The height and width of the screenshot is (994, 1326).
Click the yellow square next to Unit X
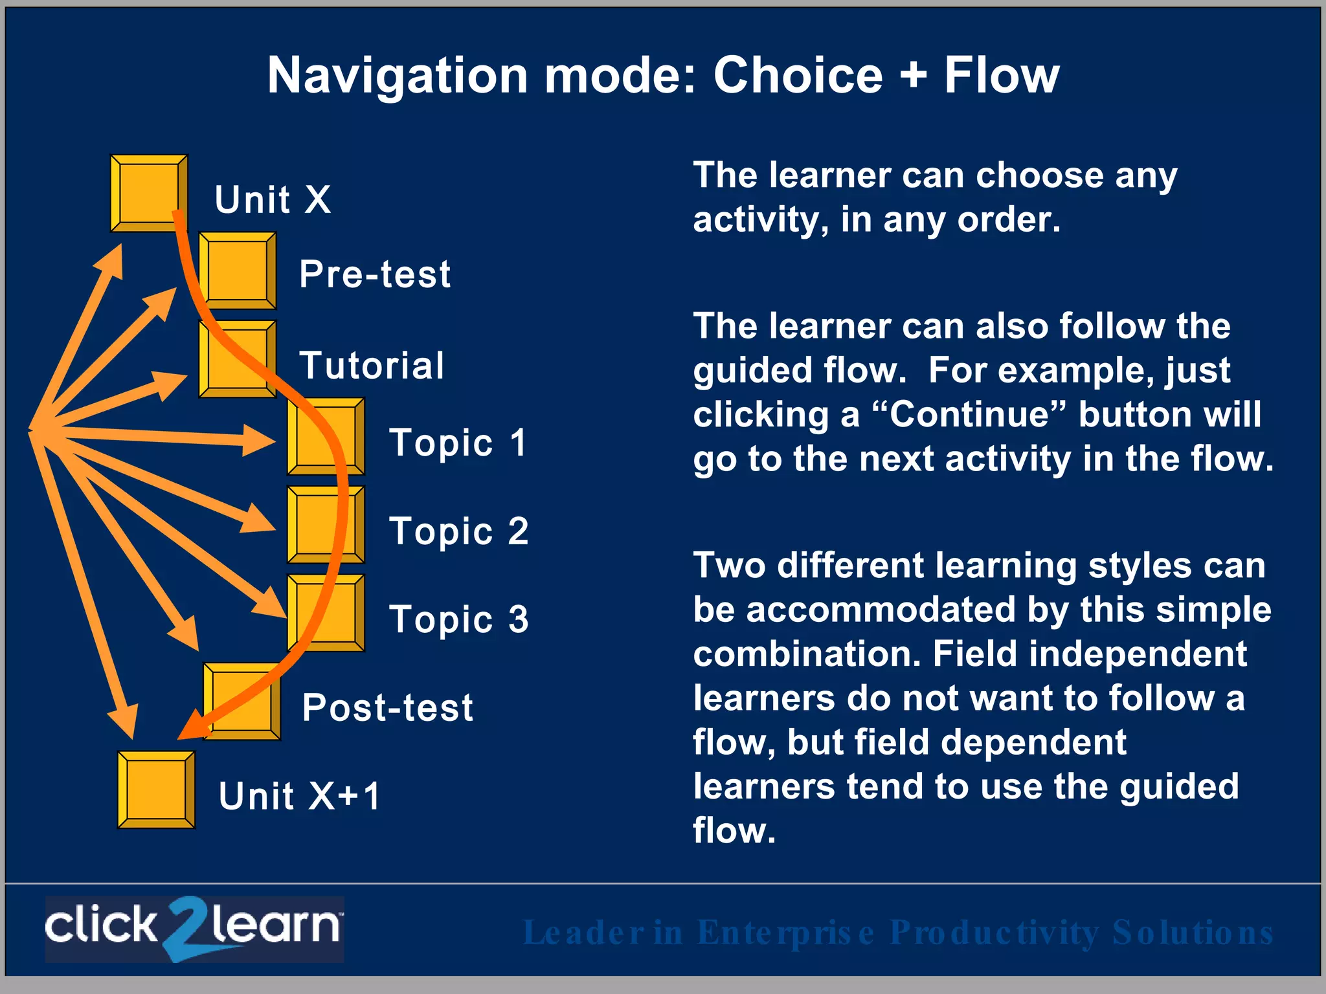tap(148, 193)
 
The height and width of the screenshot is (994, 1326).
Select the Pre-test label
tap(374, 274)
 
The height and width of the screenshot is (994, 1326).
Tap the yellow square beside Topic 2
tap(325, 525)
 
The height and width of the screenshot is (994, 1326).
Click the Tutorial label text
tap(372, 366)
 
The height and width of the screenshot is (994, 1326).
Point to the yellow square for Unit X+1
tap(155, 790)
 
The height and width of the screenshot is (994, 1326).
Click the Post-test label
tap(387, 707)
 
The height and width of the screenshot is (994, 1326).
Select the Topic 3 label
tap(458, 619)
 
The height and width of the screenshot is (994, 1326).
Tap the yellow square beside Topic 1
tap(325, 436)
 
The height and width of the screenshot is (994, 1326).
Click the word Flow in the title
tap(1001, 75)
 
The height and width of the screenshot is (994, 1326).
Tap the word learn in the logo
tap(275, 925)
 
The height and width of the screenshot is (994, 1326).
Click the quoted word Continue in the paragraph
tap(968, 414)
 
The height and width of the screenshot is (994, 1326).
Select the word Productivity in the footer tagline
tap(994, 933)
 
